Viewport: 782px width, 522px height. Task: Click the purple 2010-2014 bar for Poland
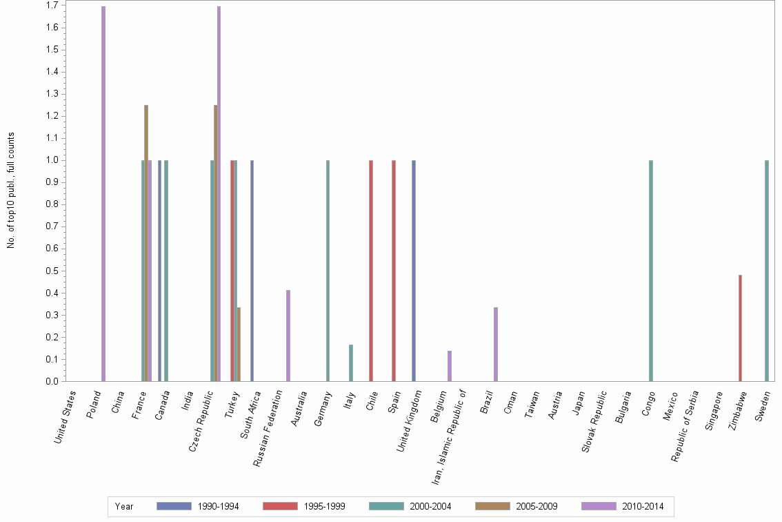[103, 193]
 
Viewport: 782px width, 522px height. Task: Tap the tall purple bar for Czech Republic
[219, 193]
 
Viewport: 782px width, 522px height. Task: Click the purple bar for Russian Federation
[288, 336]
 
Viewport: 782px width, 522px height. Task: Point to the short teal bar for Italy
[351, 363]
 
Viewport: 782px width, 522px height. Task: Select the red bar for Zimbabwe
[740, 328]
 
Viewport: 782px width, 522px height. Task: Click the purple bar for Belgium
[450, 366]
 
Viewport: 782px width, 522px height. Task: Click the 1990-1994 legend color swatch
[174, 506]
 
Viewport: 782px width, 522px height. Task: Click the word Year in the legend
[124, 507]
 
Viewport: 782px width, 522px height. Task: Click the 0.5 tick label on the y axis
[52, 271]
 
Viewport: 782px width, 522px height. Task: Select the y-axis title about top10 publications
[11, 190]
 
